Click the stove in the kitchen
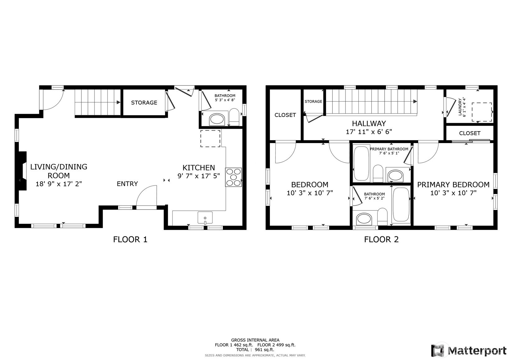pos(233,177)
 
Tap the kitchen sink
pos(205,218)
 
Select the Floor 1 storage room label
pos(144,102)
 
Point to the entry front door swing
pos(147,196)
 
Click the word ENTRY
pos(127,184)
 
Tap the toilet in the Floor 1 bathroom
pos(234,117)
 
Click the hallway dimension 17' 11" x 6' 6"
pos(369,132)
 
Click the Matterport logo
pos(468,350)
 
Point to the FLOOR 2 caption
pos(381,239)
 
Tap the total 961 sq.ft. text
pos(255,350)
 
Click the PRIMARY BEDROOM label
pos(453,184)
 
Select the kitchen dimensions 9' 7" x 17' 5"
pos(199,176)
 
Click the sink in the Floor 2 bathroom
pos(364,219)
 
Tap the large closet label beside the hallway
pos(285,115)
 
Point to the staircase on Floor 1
pos(97,102)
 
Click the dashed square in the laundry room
pos(482,112)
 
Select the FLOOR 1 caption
pos(130,239)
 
